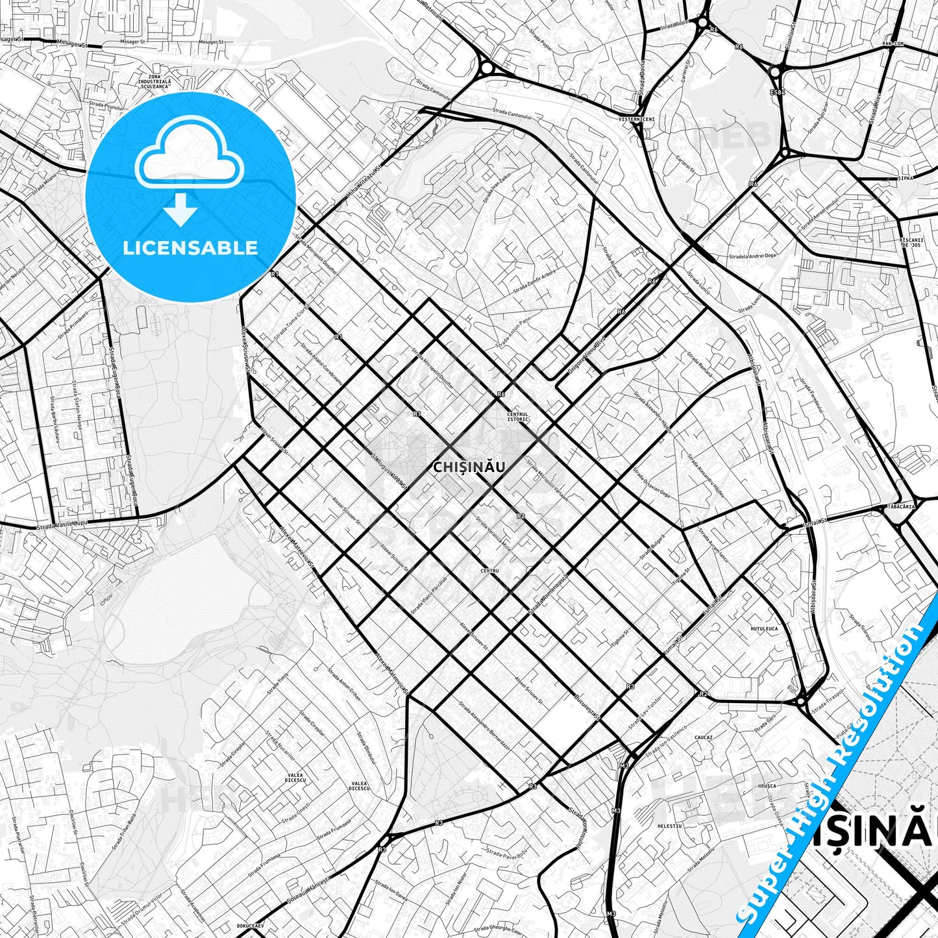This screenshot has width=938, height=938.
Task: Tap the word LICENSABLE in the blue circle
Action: pyautogui.click(x=190, y=248)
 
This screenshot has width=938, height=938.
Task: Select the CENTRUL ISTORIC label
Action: pyautogui.click(x=518, y=416)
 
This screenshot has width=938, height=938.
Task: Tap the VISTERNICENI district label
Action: pyautogui.click(x=636, y=120)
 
